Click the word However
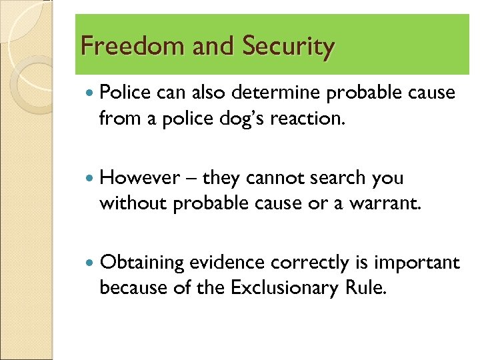(139, 178)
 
